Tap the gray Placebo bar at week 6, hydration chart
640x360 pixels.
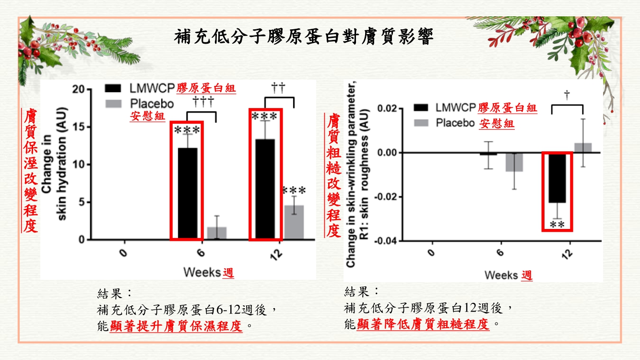[217, 233]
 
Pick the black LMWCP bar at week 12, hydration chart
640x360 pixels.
[265, 190]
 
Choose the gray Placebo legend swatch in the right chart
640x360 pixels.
[420, 123]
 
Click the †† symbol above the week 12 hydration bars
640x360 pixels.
[278, 87]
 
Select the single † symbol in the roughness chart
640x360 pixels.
[567, 95]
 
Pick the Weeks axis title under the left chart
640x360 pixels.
[202, 273]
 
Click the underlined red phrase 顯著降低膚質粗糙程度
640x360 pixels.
[424, 324]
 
